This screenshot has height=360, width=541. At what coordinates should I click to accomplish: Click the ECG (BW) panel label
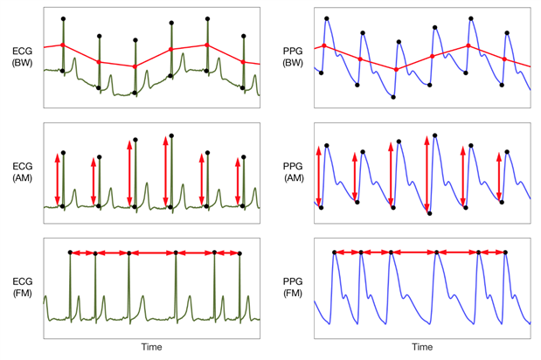(22, 58)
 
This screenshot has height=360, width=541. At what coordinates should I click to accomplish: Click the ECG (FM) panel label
(22, 285)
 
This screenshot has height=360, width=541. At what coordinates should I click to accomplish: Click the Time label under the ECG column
(152, 347)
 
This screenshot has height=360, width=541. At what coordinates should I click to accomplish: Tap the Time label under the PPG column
(422, 347)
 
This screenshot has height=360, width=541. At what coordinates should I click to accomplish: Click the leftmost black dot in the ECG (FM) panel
(70, 253)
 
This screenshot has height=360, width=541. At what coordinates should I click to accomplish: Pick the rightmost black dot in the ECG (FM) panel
(240, 253)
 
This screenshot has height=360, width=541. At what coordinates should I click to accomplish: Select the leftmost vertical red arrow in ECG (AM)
(57, 179)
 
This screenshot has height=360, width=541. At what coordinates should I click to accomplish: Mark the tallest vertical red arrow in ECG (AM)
(165, 171)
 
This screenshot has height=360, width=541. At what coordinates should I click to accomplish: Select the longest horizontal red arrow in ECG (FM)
(152, 253)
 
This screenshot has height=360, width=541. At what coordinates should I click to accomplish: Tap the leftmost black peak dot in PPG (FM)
(335, 253)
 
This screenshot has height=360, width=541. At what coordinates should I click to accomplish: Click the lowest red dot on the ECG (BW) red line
(135, 66)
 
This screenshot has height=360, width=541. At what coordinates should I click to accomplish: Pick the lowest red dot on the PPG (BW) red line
(396, 69)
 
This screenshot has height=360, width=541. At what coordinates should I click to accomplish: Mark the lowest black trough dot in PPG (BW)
(394, 96)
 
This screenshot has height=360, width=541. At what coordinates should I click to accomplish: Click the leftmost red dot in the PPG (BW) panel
(324, 45)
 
